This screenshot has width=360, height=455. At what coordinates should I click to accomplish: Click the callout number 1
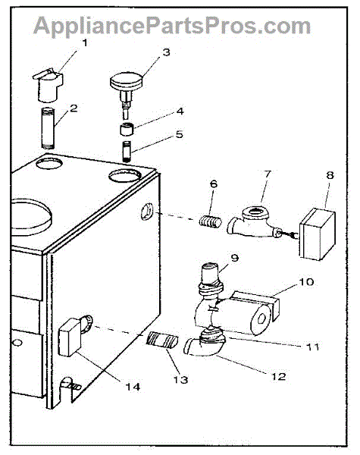[85, 43]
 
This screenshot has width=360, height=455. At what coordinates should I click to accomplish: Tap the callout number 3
[166, 52]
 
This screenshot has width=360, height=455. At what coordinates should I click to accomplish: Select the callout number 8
[330, 175]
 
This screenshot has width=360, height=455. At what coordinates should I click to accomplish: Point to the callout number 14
[133, 387]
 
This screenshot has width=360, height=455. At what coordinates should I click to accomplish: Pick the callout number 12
[279, 376]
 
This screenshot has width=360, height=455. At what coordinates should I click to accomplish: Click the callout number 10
[306, 282]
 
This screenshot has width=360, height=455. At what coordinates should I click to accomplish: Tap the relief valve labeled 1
[48, 85]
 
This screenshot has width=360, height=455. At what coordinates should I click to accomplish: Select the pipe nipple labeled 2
[49, 128]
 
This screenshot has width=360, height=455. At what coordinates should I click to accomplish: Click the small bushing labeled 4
[127, 129]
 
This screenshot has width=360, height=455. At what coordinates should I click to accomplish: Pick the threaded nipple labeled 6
[211, 222]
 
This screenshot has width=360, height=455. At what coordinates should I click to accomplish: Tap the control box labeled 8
[318, 234]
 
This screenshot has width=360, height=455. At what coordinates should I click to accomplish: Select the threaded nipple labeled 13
[162, 340]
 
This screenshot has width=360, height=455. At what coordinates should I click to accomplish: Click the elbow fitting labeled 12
[205, 346]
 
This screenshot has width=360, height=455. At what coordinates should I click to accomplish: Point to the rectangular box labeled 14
[70, 337]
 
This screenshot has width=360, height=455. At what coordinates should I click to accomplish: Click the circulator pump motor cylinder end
[261, 319]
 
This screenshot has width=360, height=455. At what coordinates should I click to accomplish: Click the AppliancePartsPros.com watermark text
[172, 26]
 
